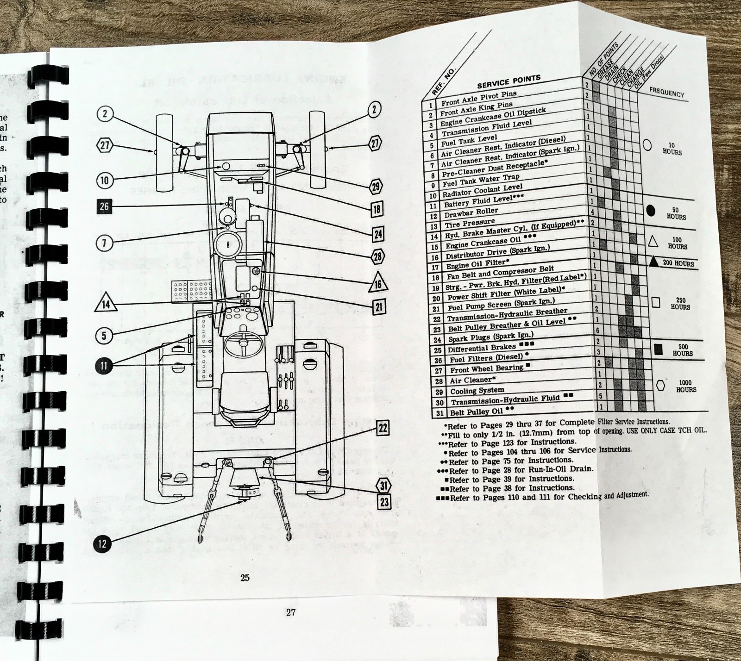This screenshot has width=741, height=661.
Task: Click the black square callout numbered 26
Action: [x=104, y=206]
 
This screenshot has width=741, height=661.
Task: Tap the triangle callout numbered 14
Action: [x=106, y=303]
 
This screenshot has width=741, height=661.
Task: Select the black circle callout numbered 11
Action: [x=104, y=366]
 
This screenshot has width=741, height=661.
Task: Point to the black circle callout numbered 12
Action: [x=102, y=543]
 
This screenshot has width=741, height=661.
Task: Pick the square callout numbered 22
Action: [x=383, y=428]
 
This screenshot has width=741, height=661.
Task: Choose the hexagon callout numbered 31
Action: [x=384, y=486]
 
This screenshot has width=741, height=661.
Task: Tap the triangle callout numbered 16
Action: [x=378, y=283]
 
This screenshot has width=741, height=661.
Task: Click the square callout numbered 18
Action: [x=377, y=209]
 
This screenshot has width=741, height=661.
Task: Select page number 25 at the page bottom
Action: [x=245, y=577]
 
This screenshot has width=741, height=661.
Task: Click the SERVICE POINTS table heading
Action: [x=509, y=82]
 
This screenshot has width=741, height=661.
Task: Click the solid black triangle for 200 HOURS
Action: [x=653, y=262]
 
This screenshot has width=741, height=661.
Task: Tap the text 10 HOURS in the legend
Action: [x=672, y=149]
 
